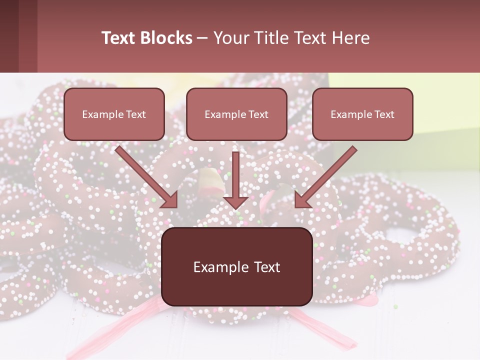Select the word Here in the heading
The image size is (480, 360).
point(349,38)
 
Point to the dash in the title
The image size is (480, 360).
point(202,38)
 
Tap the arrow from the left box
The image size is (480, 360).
point(145,175)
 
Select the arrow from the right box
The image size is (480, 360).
point(327,175)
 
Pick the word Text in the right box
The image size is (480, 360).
point(384,114)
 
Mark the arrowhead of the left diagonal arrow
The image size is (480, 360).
point(170,199)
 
